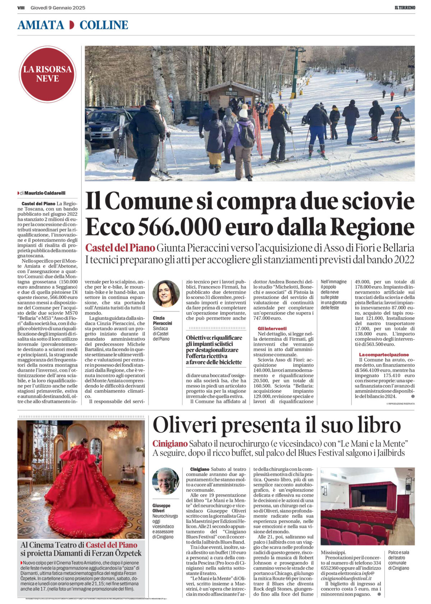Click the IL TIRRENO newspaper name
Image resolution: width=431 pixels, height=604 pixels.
403,8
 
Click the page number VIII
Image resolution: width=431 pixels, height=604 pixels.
21,8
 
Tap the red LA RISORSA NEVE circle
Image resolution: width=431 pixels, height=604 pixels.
47,74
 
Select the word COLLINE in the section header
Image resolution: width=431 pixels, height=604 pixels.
104,25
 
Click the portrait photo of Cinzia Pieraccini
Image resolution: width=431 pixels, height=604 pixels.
166,294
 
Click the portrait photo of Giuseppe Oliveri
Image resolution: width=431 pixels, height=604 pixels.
165,481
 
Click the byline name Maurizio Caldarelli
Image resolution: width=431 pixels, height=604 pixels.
45,193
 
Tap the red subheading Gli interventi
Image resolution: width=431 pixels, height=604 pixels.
272,328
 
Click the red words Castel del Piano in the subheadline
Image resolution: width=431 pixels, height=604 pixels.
120,248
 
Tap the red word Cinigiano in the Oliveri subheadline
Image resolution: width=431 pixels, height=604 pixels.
170,444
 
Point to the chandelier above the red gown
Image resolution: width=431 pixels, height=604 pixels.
117,429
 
